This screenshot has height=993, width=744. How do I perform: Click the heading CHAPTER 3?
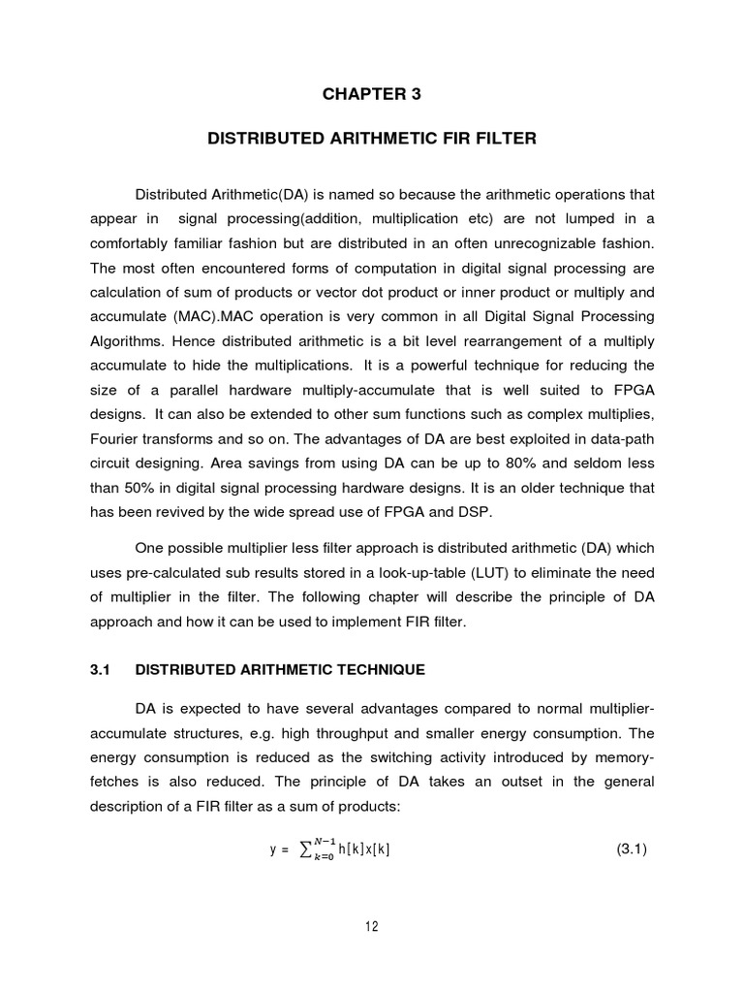(x=371, y=94)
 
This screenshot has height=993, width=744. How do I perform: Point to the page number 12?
(x=371, y=926)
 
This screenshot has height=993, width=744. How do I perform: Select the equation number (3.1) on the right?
(x=632, y=850)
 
